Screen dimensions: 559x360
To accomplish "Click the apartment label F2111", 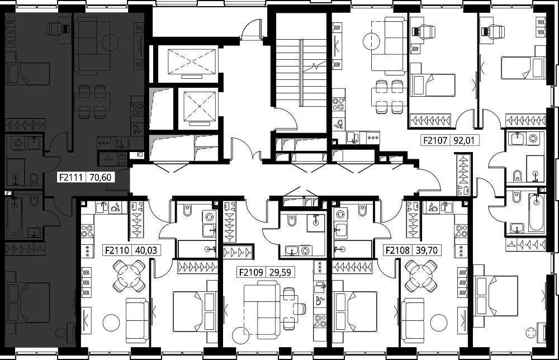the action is tap(71, 177).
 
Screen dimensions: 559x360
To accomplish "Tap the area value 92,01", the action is tap(464, 140).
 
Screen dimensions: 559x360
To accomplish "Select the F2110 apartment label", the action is tap(117, 250).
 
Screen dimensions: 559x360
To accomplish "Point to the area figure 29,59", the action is tap(280, 273).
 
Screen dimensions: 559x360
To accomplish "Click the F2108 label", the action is tap(397, 250).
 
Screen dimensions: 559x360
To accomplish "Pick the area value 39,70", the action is tap(427, 250).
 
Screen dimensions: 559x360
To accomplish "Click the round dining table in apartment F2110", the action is tap(129, 276).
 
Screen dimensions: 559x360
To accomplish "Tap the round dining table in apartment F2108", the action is tap(421, 276).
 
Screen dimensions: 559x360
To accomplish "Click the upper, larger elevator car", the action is tap(192, 61).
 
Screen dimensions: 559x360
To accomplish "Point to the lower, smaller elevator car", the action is tap(200, 106).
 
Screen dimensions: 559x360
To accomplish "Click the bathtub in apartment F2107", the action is tap(536, 213).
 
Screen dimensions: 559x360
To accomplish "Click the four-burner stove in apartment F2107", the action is tap(338, 104).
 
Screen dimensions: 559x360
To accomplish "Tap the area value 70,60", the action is tap(101, 177).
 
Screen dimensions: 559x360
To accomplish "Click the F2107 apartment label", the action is tap(435, 140).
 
